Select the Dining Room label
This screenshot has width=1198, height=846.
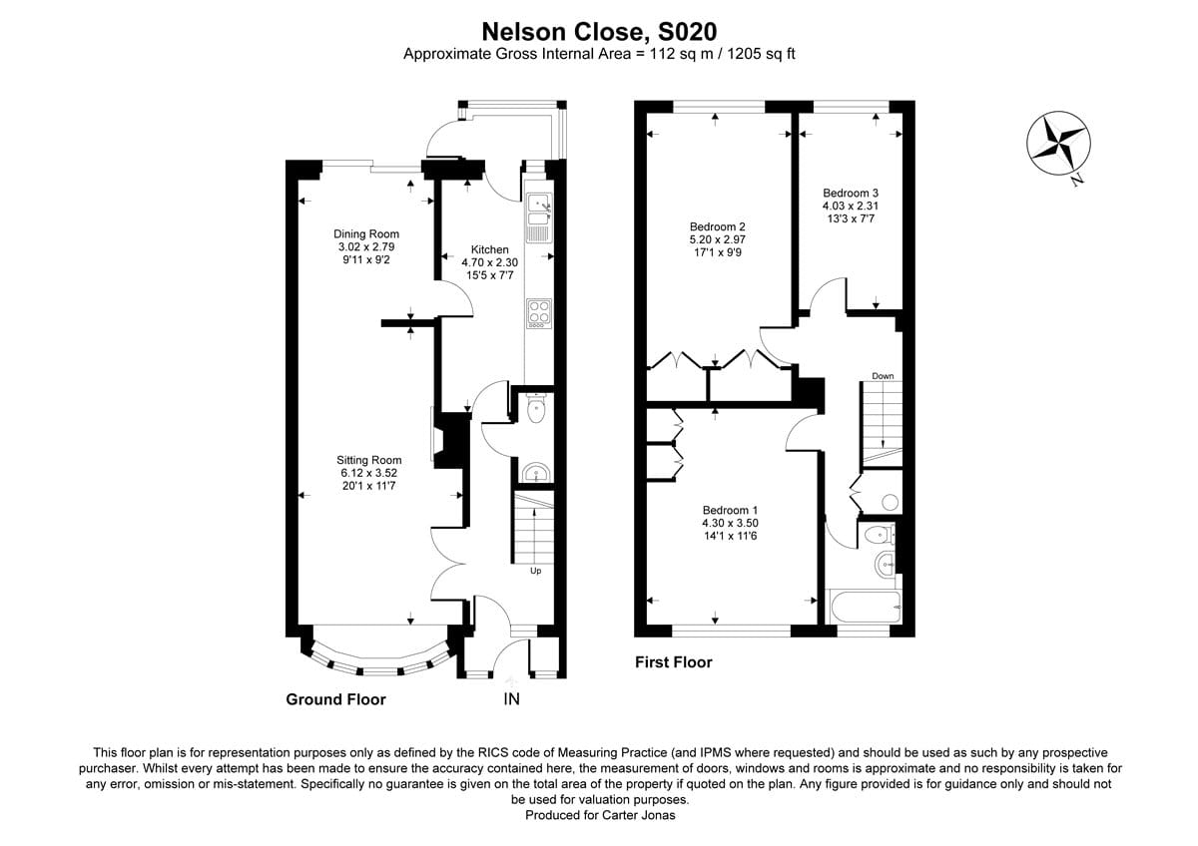[366, 234]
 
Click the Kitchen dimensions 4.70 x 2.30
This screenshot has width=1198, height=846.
[490, 263]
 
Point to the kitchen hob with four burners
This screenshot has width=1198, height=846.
[538, 313]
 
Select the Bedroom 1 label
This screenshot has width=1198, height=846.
[731, 510]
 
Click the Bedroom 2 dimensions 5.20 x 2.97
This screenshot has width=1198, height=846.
[717, 239]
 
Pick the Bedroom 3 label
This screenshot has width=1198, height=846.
[850, 193]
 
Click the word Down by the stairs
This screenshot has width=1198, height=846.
[883, 376]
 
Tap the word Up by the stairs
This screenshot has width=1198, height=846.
[535, 572]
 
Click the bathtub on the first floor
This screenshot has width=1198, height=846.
[865, 607]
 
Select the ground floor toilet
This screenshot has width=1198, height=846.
[536, 409]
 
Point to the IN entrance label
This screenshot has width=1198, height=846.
[510, 699]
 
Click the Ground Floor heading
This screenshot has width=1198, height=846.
[335, 699]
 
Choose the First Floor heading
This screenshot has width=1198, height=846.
[674, 661]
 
